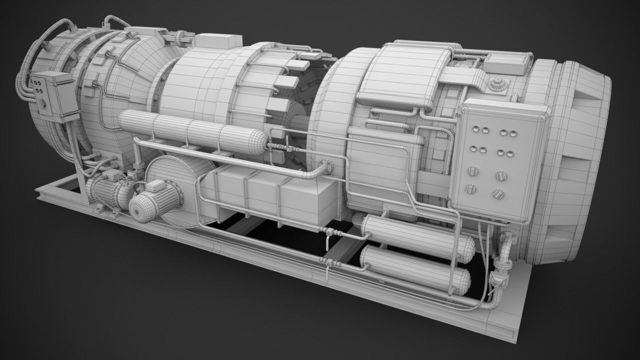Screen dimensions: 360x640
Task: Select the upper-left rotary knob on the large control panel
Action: point(470,171)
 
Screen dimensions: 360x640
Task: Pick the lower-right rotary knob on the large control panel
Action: point(497,193)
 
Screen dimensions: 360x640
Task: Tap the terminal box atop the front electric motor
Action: point(156,186)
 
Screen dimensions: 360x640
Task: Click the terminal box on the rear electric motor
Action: point(112,175)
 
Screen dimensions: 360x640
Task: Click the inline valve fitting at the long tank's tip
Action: point(278,146)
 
